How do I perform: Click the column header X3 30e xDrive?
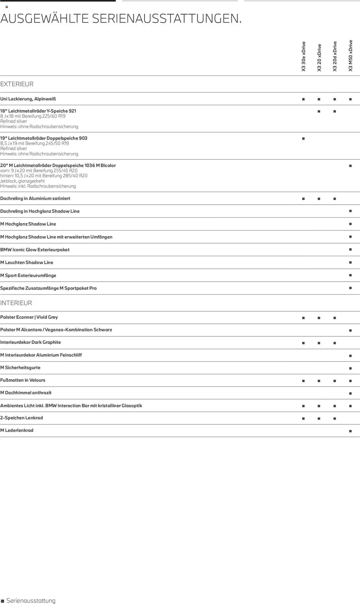(303, 57)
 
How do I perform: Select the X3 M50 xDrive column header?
(350, 56)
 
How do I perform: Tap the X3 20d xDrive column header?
(335, 57)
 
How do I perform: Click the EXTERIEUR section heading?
(17, 84)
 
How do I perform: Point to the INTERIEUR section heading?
(16, 303)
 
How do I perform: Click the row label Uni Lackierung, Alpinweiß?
(28, 99)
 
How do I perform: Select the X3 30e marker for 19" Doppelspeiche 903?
(303, 139)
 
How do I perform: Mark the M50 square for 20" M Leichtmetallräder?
(350, 166)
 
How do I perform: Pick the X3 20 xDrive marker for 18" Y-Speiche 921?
(319, 111)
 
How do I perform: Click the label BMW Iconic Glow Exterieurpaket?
(35, 250)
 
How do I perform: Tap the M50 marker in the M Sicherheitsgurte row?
(350, 368)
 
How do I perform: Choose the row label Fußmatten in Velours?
(23, 380)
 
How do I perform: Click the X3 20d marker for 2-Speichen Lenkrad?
(335, 419)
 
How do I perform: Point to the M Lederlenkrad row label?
(17, 431)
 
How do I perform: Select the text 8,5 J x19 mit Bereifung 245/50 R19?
(35, 143)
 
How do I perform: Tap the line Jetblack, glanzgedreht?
(22, 181)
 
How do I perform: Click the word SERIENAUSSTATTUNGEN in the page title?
(167, 19)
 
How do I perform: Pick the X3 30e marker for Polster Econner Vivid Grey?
(303, 318)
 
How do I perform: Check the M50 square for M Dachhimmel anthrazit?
(350, 393)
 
